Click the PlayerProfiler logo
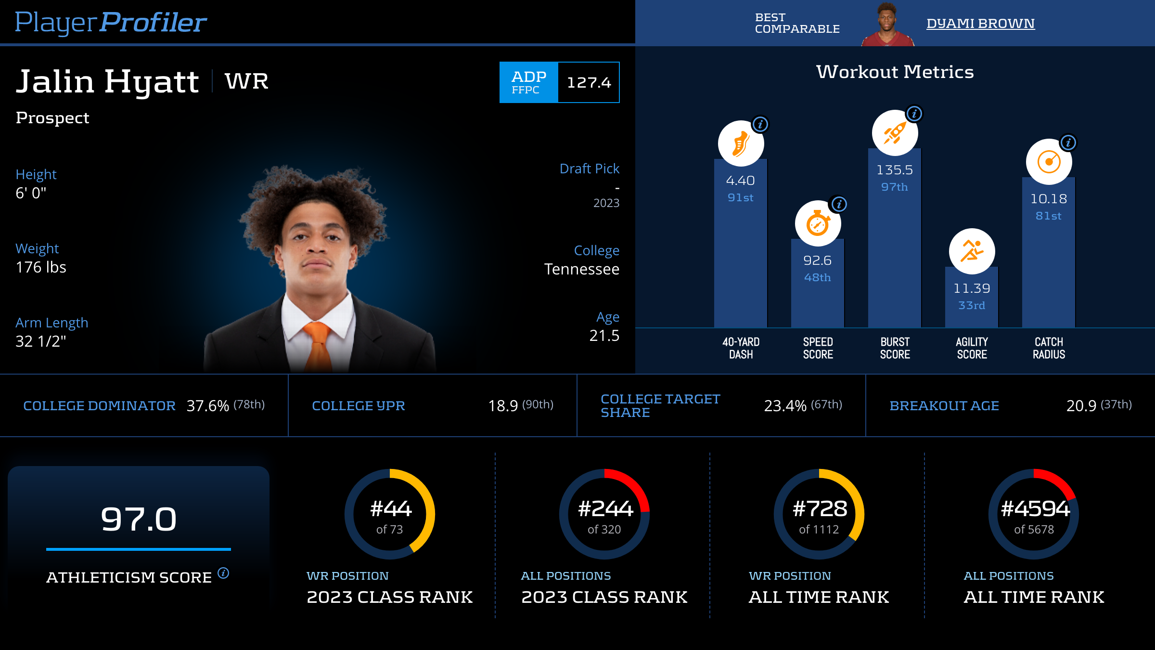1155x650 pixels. click(111, 22)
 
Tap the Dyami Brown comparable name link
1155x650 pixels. click(980, 23)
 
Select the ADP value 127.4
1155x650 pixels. click(589, 82)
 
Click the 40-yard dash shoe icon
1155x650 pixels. click(741, 143)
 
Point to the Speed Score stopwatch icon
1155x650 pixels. click(818, 223)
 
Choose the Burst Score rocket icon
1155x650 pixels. click(895, 133)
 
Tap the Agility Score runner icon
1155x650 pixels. click(972, 251)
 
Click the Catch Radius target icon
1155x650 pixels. click(1049, 162)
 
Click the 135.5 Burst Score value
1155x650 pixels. click(895, 170)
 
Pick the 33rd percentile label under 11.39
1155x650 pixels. click(972, 305)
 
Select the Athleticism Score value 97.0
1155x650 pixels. click(139, 519)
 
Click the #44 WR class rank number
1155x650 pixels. click(390, 509)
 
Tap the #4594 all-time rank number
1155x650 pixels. click(1035, 509)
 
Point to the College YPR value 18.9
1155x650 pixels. click(503, 406)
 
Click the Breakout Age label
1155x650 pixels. click(944, 406)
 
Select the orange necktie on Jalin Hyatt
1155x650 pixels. click(318, 345)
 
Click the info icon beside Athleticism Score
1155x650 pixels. click(223, 573)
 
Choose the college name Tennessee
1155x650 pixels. click(581, 269)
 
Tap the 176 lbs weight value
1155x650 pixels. click(41, 267)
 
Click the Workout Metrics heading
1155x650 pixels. click(895, 72)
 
